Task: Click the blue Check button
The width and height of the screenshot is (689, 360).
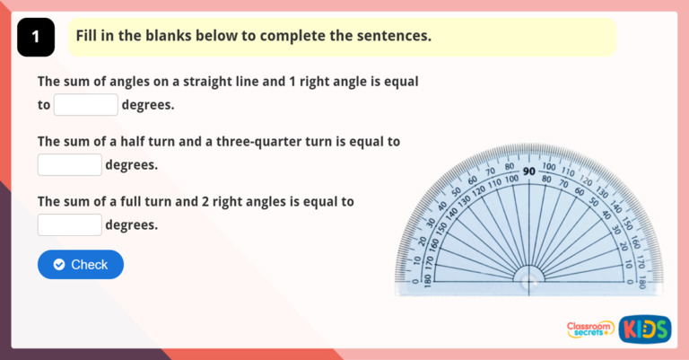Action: coord(80,264)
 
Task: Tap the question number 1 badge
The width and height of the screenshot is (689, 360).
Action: coord(35,37)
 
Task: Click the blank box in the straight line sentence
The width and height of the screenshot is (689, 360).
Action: coord(86,105)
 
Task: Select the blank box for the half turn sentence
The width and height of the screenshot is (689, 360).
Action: coord(69,165)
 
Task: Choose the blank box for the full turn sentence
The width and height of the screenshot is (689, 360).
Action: coord(69,225)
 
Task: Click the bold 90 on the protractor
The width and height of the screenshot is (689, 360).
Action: coord(529,171)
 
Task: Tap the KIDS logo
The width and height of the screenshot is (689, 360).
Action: coord(644,329)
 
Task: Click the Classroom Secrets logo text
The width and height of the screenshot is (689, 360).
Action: coord(590,329)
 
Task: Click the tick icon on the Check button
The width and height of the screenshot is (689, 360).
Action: coord(59,264)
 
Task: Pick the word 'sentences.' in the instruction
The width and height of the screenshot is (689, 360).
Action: coord(394,36)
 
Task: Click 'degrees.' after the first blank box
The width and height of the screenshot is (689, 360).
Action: coord(148,105)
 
